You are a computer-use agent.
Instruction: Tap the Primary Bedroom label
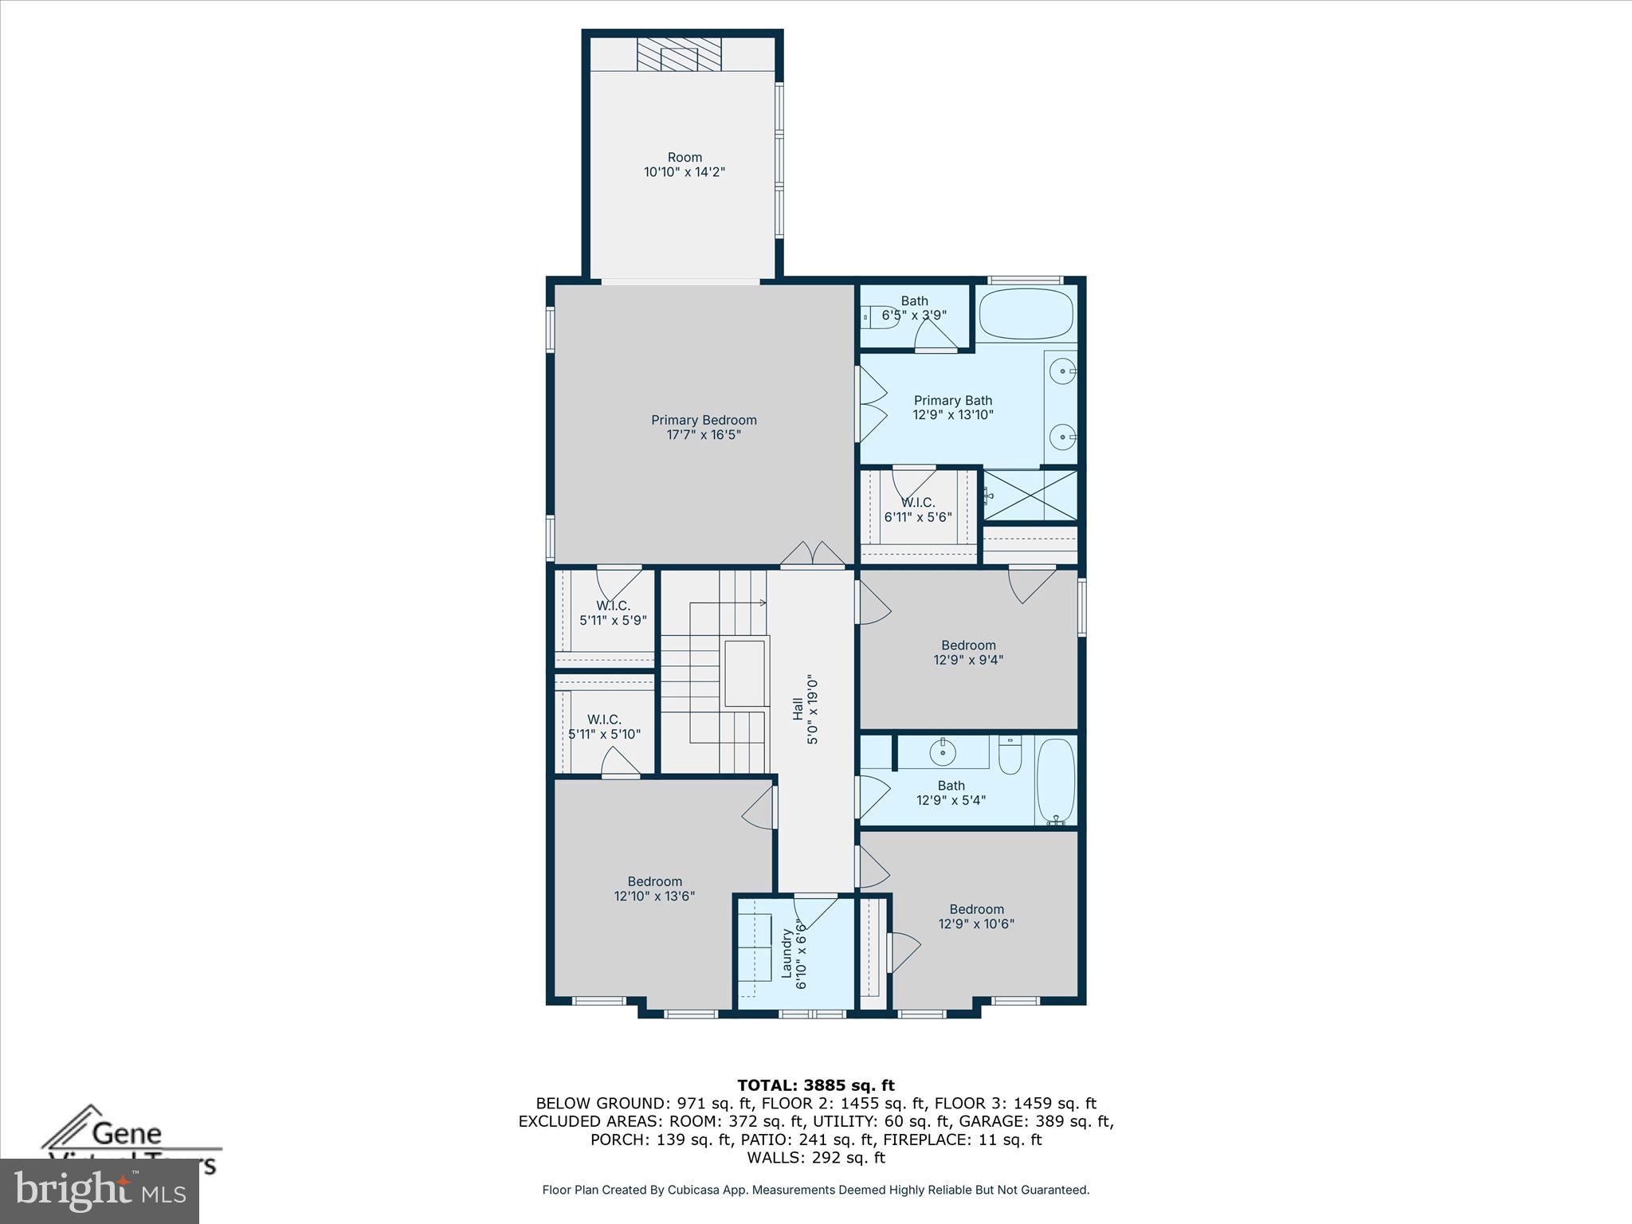pyautogui.click(x=704, y=427)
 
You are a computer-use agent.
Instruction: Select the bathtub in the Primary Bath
pyautogui.click(x=1026, y=315)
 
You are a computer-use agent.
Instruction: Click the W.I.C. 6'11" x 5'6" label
pyautogui.click(x=918, y=509)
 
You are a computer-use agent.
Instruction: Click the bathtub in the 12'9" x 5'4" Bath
pyautogui.click(x=1056, y=780)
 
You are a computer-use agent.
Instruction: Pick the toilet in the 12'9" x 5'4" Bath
pyautogui.click(x=1010, y=755)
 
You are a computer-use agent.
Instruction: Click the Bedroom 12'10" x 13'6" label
pyautogui.click(x=654, y=889)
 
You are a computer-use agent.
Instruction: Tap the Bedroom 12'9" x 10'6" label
pyautogui.click(x=976, y=916)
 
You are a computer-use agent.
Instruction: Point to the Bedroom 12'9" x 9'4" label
pyautogui.click(x=968, y=653)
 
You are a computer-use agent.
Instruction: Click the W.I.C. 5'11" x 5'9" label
pyautogui.click(x=613, y=613)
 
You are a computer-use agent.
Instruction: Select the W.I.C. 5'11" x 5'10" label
pyautogui.click(x=604, y=727)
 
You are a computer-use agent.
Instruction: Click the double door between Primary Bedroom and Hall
pyautogui.click(x=812, y=555)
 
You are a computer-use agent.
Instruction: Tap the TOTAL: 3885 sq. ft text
pyautogui.click(x=815, y=1085)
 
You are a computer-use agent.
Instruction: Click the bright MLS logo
pyautogui.click(x=99, y=1191)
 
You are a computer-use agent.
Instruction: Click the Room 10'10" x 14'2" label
pyautogui.click(x=685, y=164)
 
